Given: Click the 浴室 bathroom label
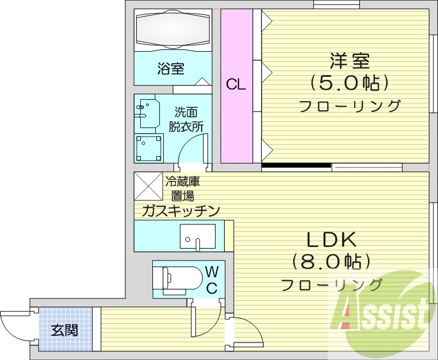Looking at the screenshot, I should tap(171, 69).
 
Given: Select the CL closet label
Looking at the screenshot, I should tap(236, 85).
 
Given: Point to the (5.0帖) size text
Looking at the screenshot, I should tap(349, 84).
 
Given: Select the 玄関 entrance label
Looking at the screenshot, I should tap(64, 330).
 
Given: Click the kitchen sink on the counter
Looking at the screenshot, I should tap(197, 237).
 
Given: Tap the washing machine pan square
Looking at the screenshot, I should tap(148, 148).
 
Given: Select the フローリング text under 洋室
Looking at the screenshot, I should tap(349, 106).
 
